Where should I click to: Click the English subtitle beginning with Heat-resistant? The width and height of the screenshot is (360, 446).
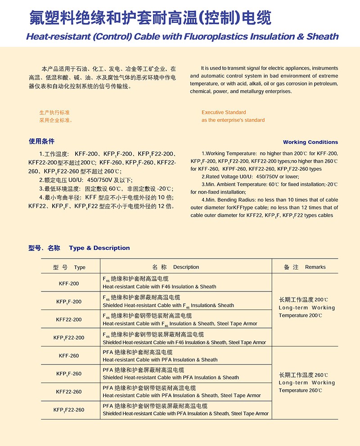[x=182, y=36]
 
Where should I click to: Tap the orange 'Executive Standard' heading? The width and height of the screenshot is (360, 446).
[x=224, y=112]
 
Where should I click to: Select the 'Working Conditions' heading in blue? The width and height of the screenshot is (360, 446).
[x=310, y=142]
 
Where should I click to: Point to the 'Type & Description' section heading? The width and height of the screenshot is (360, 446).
[x=99, y=248]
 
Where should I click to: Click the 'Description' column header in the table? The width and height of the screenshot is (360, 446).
[x=185, y=267]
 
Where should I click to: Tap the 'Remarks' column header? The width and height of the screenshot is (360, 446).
[x=315, y=267]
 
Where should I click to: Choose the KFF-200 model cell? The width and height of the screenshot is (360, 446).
[x=69, y=283]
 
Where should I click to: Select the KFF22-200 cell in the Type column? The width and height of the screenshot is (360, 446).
[x=69, y=319]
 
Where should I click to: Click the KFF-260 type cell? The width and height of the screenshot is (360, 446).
[x=69, y=355]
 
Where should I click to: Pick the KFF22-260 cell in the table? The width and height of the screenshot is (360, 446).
[x=69, y=391]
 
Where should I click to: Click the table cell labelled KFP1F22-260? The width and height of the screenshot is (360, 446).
[x=69, y=410]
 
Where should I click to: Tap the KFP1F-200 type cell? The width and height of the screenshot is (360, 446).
[x=69, y=301]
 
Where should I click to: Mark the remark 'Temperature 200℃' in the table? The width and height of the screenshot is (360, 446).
[x=301, y=315]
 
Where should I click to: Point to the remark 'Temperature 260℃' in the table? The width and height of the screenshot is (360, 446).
[x=301, y=390]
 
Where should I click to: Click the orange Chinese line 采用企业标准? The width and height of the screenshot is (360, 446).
[x=56, y=120]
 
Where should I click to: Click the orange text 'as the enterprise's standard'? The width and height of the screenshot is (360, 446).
[x=233, y=120]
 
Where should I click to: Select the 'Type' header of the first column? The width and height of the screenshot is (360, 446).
[x=80, y=267]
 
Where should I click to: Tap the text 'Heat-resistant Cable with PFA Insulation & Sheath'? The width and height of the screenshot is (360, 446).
[x=160, y=360]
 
